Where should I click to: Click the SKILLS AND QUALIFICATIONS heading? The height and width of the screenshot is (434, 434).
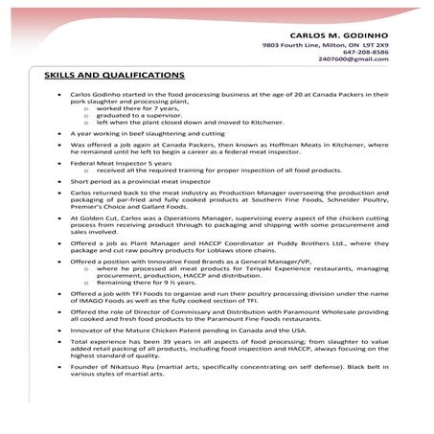pyautogui.click(x=115, y=74)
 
